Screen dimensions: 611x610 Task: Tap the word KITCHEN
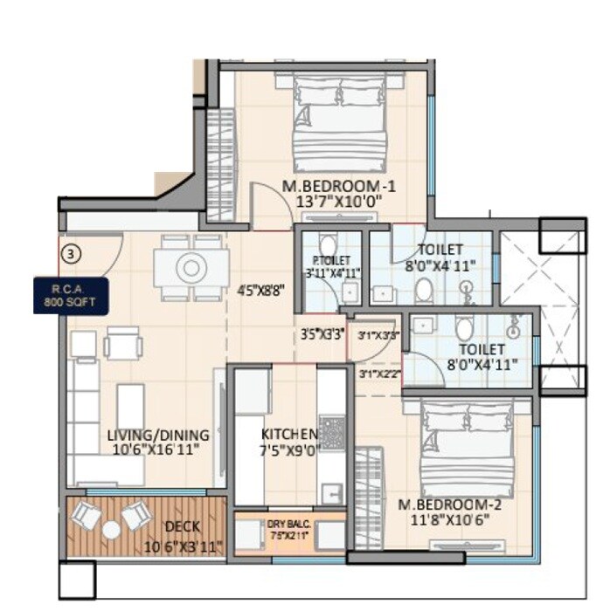pyautogui.click(x=289, y=434)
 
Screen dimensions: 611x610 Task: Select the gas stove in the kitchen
pyautogui.click(x=332, y=431)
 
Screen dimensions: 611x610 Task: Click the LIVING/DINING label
pyautogui.click(x=158, y=435)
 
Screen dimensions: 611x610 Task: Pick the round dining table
pyautogui.click(x=191, y=266)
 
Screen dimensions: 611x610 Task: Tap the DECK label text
pyautogui.click(x=183, y=526)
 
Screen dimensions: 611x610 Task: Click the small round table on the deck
pyautogui.click(x=111, y=529)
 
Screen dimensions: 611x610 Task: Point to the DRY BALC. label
pyautogui.click(x=288, y=524)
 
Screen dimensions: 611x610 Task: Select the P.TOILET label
pyautogui.click(x=331, y=260)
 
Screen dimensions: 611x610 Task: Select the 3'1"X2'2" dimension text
pyautogui.click(x=378, y=374)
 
